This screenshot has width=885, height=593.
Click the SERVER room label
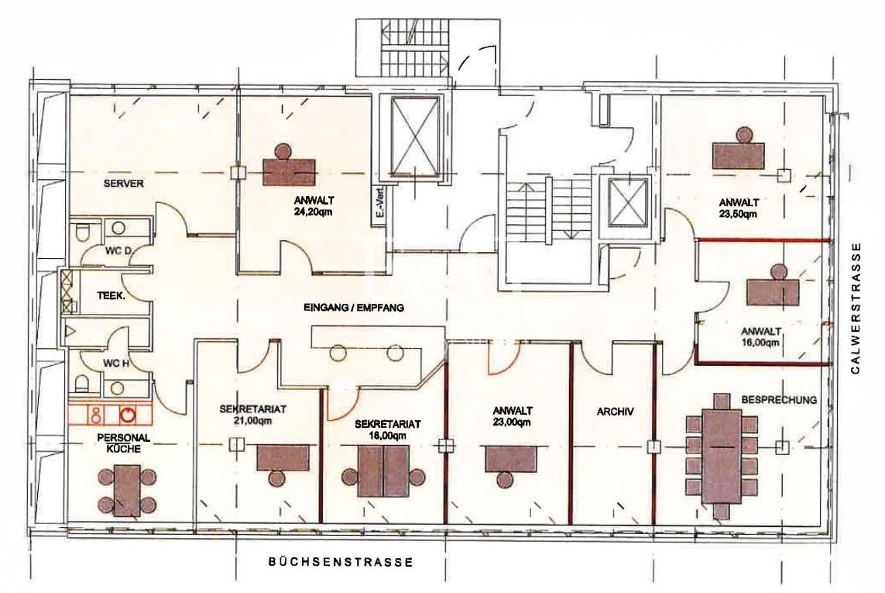click(124, 184)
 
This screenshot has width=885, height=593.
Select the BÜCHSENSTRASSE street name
click(341, 563)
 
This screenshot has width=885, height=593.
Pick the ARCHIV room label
click(615, 412)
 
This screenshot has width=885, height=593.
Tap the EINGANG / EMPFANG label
click(354, 308)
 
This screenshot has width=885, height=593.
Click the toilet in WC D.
click(82, 232)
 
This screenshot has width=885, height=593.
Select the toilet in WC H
click(82, 384)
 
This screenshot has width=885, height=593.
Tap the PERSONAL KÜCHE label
click(124, 443)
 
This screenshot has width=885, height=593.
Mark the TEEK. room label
click(111, 295)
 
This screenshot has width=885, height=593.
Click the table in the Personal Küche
click(128, 490)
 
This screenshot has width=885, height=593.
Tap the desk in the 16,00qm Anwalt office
click(774, 291)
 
